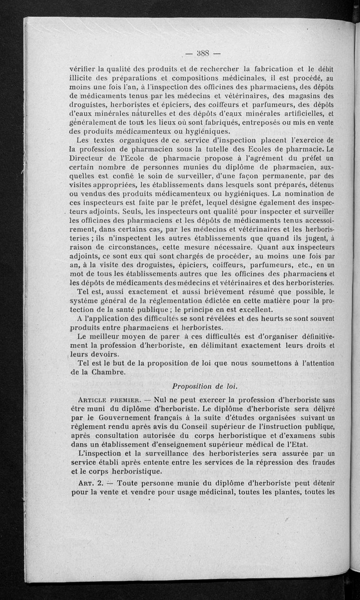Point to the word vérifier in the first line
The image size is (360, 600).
pos(81,69)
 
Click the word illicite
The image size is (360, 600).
pos(84,78)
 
